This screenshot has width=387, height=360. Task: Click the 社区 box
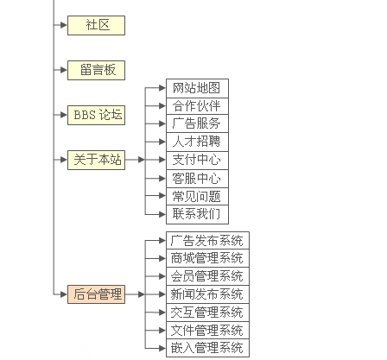click(96, 25)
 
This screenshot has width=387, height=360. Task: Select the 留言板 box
click(96, 70)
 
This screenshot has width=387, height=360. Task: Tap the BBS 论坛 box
click(96, 115)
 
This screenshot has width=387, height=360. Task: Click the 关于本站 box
click(96, 160)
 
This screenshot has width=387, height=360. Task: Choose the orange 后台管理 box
click(96, 294)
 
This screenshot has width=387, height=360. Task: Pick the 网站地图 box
click(197, 88)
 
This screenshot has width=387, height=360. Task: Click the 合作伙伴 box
click(197, 106)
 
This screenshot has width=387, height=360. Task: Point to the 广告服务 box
click(197, 123)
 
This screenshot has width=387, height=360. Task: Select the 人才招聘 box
click(197, 142)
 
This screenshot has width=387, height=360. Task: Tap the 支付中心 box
click(197, 161)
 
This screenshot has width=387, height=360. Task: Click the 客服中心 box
click(197, 179)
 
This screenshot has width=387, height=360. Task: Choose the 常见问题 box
click(197, 197)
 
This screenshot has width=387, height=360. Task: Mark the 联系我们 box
click(197, 214)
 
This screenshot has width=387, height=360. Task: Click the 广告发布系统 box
click(207, 240)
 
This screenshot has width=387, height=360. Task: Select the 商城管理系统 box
click(207, 258)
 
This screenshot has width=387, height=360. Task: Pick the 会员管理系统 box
click(207, 276)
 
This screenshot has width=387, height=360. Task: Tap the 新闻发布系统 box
click(207, 294)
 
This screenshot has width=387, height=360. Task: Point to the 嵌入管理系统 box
click(207, 348)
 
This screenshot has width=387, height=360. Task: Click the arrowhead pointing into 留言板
click(64, 70)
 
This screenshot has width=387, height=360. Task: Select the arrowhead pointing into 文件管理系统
click(162, 331)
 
